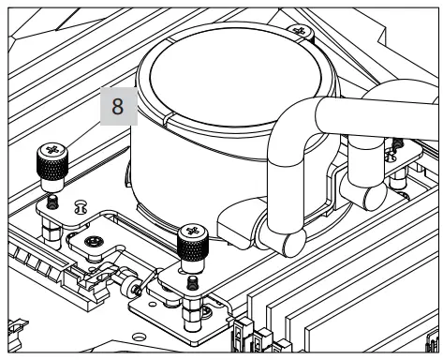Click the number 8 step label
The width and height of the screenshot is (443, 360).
117,107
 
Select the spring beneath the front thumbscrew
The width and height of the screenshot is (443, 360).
192,283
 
